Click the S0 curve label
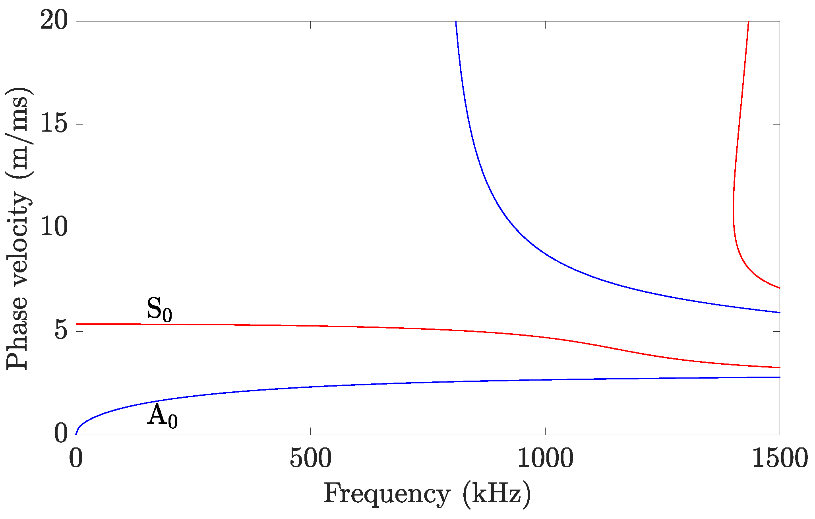pyautogui.click(x=159, y=310)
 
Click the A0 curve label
pyautogui.click(x=162, y=416)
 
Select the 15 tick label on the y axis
pyautogui.click(x=54, y=124)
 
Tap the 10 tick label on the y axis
pyautogui.click(x=54, y=228)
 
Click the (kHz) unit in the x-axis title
pyautogui.click(x=497, y=494)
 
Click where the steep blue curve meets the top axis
pyautogui.click(x=456, y=21)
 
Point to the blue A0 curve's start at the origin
pyautogui.click(x=76, y=434)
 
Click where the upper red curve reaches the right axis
pyautogui.click(x=779, y=288)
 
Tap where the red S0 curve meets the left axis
pyautogui.click(x=76, y=324)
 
